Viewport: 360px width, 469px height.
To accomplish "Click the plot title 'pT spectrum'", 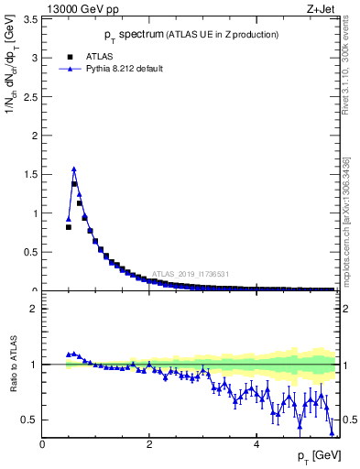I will point(120,35).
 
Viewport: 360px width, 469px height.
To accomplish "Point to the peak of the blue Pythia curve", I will point(73,169).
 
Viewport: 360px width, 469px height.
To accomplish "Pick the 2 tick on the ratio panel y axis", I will point(34,309).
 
